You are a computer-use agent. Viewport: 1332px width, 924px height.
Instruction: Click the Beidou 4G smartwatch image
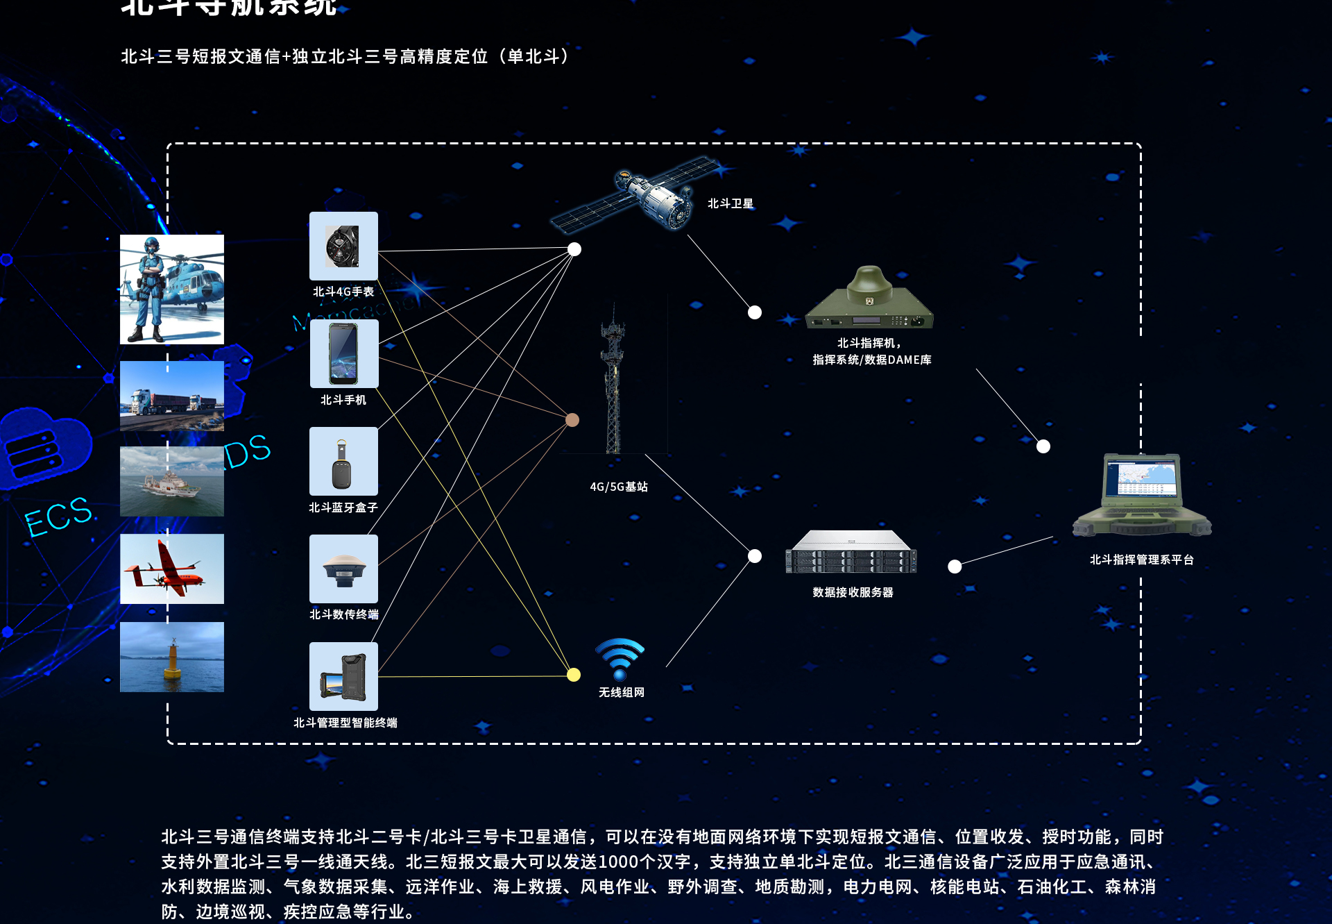[x=343, y=246]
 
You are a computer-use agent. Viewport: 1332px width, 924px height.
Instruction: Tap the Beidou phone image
[x=343, y=353]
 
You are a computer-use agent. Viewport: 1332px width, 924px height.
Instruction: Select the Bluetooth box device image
[x=343, y=461]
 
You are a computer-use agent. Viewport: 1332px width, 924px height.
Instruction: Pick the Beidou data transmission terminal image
[x=343, y=569]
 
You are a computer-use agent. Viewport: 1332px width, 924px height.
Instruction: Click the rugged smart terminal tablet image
[x=343, y=676]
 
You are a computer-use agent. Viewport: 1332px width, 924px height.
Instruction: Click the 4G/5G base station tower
[x=613, y=382]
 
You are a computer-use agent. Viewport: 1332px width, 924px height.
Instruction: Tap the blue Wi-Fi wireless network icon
[x=620, y=658]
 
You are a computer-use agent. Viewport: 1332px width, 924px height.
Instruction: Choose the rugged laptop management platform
[x=1142, y=496]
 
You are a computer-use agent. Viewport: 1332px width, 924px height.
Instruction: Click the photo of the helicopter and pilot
[x=172, y=289]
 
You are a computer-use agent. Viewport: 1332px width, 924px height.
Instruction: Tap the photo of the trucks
[x=172, y=396]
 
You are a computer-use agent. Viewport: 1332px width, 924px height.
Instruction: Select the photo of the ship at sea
[x=172, y=481]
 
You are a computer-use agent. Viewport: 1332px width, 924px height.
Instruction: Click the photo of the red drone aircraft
[x=172, y=569]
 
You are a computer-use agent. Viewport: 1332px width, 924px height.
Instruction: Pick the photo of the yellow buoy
[x=172, y=657]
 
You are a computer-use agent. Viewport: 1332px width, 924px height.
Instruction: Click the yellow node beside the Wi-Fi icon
[x=574, y=675]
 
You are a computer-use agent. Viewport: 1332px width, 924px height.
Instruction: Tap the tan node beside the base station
[x=572, y=420]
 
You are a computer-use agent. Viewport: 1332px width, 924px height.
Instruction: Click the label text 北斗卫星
[x=730, y=203]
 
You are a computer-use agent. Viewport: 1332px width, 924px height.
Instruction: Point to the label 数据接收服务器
[x=853, y=592]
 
